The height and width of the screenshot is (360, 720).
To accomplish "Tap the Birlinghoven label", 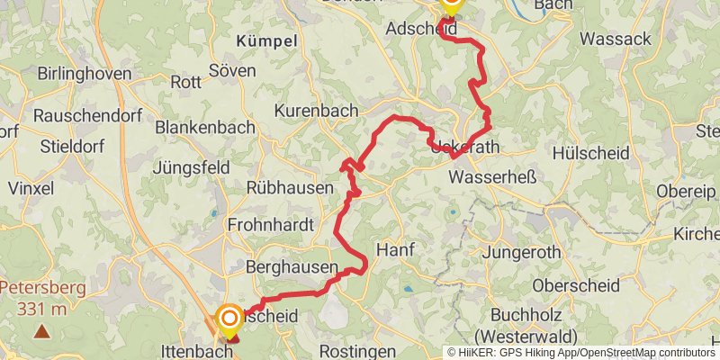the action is (85, 74).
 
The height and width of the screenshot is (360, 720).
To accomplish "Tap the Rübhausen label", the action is (290, 187).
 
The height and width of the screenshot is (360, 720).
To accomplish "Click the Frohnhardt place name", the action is (270, 224).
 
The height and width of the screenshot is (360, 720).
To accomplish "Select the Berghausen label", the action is (292, 268).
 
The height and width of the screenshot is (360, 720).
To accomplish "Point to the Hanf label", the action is (393, 250).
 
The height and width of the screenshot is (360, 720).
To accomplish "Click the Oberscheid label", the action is (576, 285).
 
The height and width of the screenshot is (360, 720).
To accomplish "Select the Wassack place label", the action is (616, 39).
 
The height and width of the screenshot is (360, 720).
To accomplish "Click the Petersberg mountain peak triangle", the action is (41, 331).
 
